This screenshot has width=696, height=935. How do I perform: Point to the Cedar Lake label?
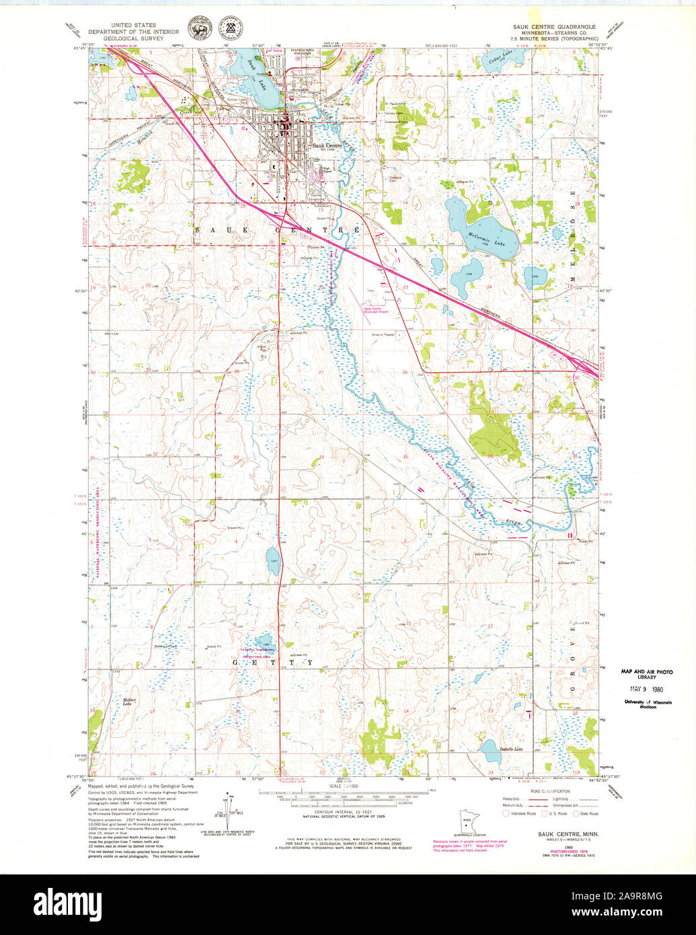coord(498,57)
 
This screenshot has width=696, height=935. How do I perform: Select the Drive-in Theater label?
coord(383,334)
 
